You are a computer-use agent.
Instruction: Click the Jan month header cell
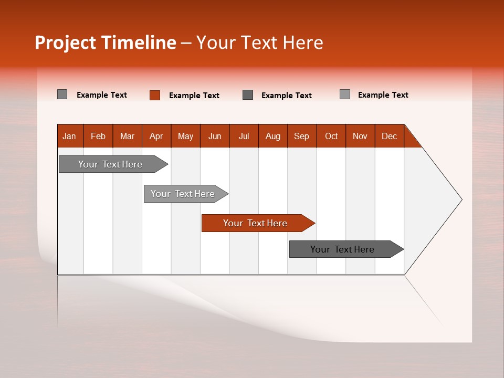[x=70, y=136]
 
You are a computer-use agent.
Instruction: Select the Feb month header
[x=98, y=136]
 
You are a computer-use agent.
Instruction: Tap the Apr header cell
[x=156, y=136]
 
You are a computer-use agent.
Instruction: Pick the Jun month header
[x=215, y=136]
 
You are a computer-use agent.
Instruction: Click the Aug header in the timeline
[x=273, y=136]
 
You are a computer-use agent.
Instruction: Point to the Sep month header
[x=302, y=136]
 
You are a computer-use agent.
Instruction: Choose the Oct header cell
[x=331, y=136]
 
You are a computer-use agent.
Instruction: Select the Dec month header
[x=390, y=136]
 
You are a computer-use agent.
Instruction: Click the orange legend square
[x=155, y=95]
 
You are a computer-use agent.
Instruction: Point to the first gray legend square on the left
[x=62, y=94]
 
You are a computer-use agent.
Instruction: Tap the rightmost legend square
[x=345, y=94]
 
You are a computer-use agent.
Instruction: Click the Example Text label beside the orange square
[x=194, y=96]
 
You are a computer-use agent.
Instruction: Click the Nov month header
[x=360, y=136]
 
